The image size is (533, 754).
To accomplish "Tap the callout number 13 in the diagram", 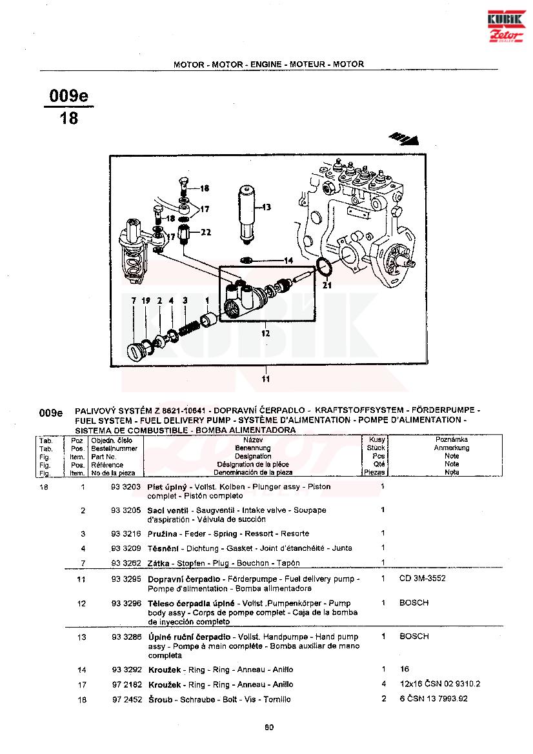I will pos(266,207).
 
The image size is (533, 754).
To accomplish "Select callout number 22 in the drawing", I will pos(205,232).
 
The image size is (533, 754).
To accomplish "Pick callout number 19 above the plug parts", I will pos(145,301).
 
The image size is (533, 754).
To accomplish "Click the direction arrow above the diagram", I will pos(405,137).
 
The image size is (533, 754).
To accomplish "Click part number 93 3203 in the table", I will pos(125,487).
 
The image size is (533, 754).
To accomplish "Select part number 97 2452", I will pos(125,699).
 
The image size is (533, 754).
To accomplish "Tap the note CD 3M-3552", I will pos(422,579).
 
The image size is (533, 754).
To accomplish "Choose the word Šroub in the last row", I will pos(159,699).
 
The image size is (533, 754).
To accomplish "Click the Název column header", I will pos(252,439).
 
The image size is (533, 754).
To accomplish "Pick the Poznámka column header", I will pos(452,439).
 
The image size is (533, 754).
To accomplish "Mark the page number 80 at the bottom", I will pos(269,728).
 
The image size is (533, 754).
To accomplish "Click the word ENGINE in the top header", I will pos(267,64).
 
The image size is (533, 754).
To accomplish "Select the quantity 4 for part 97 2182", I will pos(383,684).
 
